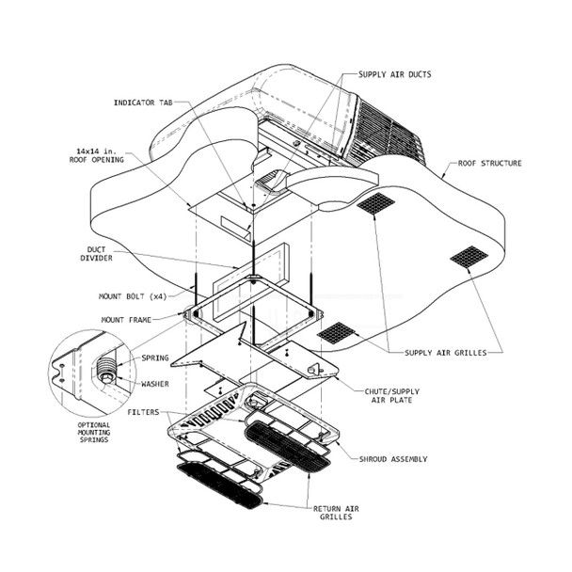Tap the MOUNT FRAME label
(126, 321)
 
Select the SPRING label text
(155, 358)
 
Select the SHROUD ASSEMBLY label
(393, 459)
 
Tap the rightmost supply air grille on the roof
(469, 255)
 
